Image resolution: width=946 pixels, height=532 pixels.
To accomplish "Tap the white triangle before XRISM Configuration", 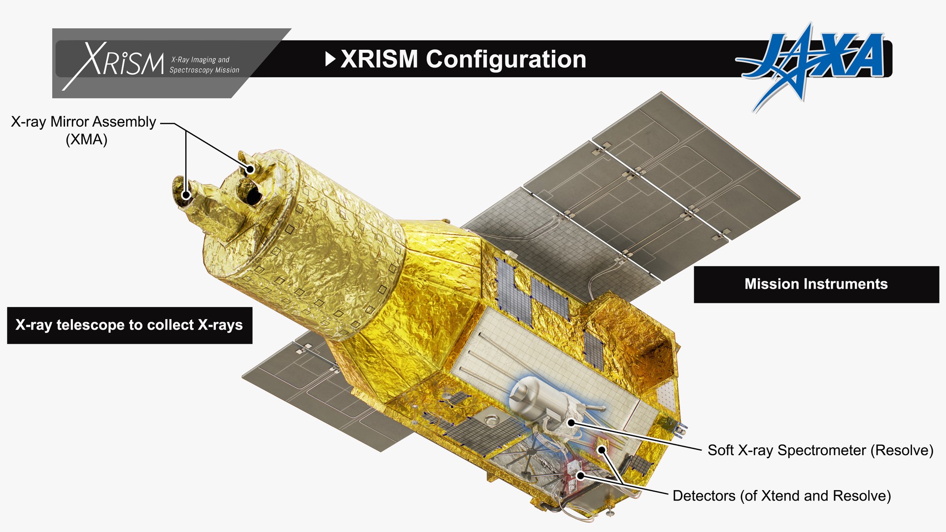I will click(x=330, y=59).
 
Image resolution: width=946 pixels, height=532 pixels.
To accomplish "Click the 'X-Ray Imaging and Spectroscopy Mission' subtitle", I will click(x=204, y=65).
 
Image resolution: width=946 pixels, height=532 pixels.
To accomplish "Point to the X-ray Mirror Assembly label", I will click(x=83, y=122).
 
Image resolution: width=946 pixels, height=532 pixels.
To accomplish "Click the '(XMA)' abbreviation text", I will click(x=86, y=139).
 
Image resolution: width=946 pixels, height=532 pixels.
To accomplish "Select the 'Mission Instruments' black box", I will click(x=816, y=284).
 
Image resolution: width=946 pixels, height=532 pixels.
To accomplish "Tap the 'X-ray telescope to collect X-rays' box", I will click(x=129, y=325).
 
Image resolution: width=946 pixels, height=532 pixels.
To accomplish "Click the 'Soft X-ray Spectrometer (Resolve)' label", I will click(x=820, y=450).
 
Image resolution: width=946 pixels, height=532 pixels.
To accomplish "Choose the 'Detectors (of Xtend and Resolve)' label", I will click(x=781, y=496).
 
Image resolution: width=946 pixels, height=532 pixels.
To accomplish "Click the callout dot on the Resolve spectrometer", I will click(x=571, y=422).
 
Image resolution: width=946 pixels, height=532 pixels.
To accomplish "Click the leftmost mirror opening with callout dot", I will click(x=186, y=195).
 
